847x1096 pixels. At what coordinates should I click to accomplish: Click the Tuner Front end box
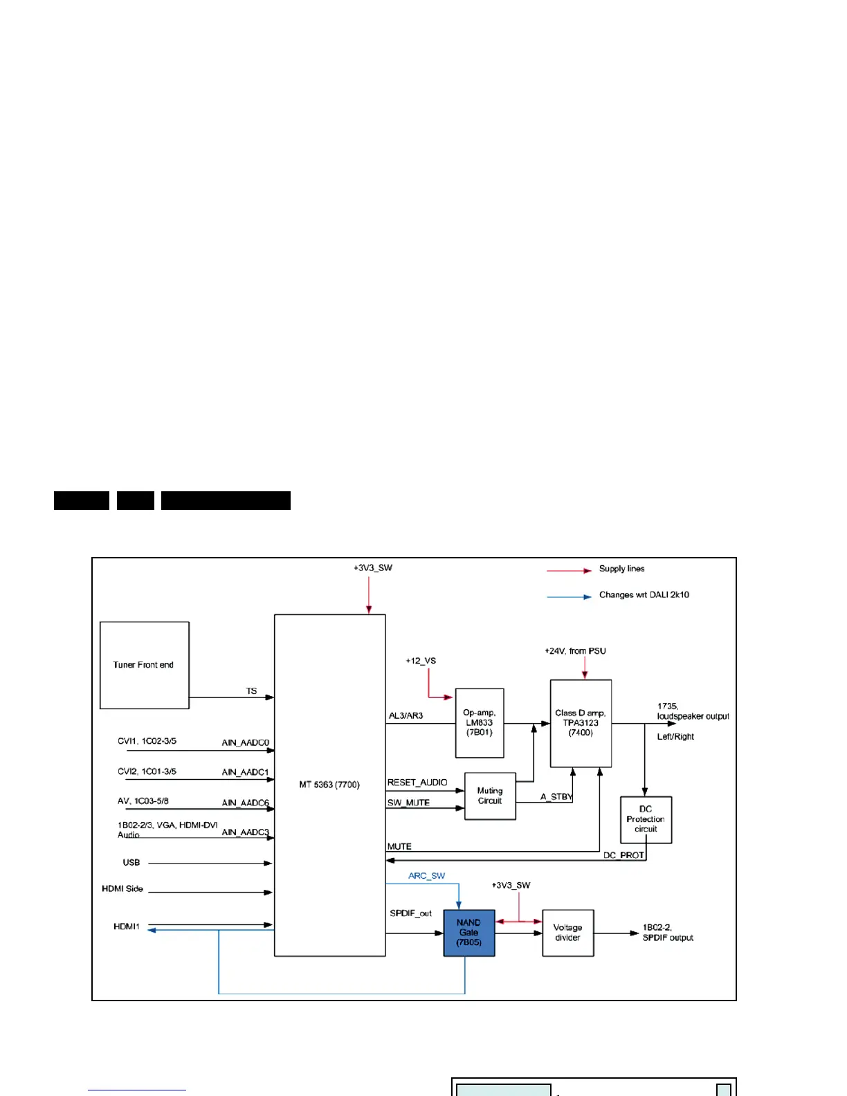pos(144,665)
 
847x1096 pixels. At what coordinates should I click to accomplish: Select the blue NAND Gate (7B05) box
pos(468,933)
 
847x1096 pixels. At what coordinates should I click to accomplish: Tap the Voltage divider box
pos(567,933)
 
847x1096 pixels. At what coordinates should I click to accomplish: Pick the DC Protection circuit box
pos(646,819)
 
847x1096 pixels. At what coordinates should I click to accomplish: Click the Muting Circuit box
pos(490,796)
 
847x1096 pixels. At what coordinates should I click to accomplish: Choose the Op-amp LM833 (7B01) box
pos(479,723)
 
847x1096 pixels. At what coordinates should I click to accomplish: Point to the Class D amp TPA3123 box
pos(581,723)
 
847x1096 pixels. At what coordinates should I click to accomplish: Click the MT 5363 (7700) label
pos(329,785)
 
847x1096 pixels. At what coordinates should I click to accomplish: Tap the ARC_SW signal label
pos(426,876)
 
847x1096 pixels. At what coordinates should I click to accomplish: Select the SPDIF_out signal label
pos(410,913)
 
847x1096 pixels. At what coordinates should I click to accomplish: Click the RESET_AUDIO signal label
pos(417,783)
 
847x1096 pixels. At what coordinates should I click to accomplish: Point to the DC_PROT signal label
pos(623,855)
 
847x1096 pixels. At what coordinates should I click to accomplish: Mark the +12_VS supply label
pos(421,661)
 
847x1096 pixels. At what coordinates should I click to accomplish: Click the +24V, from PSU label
pos(575,651)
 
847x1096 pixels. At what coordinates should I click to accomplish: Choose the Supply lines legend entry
pos(621,569)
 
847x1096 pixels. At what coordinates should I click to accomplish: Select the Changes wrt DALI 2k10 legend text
pos(644,595)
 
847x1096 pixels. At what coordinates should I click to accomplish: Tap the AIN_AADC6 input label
pos(245,803)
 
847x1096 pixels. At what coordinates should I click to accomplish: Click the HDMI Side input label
pos(122,889)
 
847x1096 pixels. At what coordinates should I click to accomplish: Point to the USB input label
pos(131,863)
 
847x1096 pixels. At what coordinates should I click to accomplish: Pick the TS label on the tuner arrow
pos(251,691)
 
